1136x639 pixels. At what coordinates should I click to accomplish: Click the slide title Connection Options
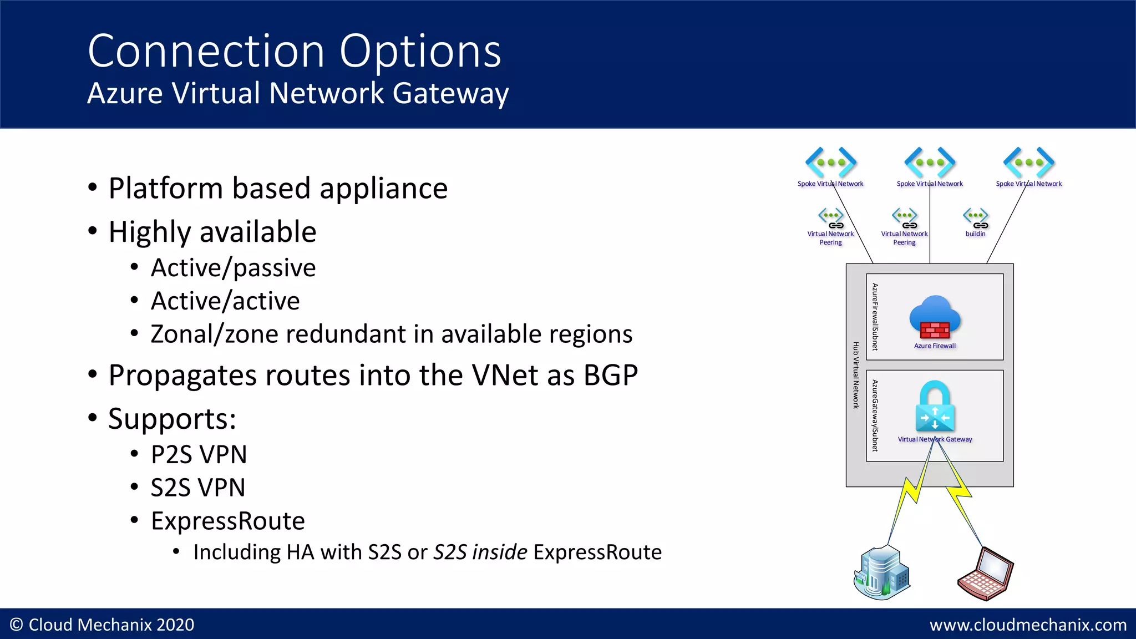[294, 51]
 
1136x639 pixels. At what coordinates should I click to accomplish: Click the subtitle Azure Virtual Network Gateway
[298, 93]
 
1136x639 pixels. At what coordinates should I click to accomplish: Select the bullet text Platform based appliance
[277, 189]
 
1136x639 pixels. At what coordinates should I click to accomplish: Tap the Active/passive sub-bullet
[233, 268]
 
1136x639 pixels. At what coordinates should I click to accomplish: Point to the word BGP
[610, 376]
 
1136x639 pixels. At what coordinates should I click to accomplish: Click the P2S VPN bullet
[199, 455]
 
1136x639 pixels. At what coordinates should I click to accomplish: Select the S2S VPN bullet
[197, 488]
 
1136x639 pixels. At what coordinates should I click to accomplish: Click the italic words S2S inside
[480, 552]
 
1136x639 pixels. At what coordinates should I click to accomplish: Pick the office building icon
[882, 572]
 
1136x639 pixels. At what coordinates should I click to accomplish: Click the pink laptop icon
[986, 574]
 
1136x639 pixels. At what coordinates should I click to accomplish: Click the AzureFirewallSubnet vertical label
[875, 317]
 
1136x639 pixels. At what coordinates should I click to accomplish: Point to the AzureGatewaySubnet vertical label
[875, 415]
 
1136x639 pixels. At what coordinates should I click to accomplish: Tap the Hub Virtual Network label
[856, 376]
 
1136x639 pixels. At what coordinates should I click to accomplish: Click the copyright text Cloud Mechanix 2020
[103, 625]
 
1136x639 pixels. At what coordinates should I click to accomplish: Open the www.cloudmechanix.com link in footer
[1028, 625]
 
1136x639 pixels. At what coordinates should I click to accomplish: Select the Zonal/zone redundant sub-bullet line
[391, 334]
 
